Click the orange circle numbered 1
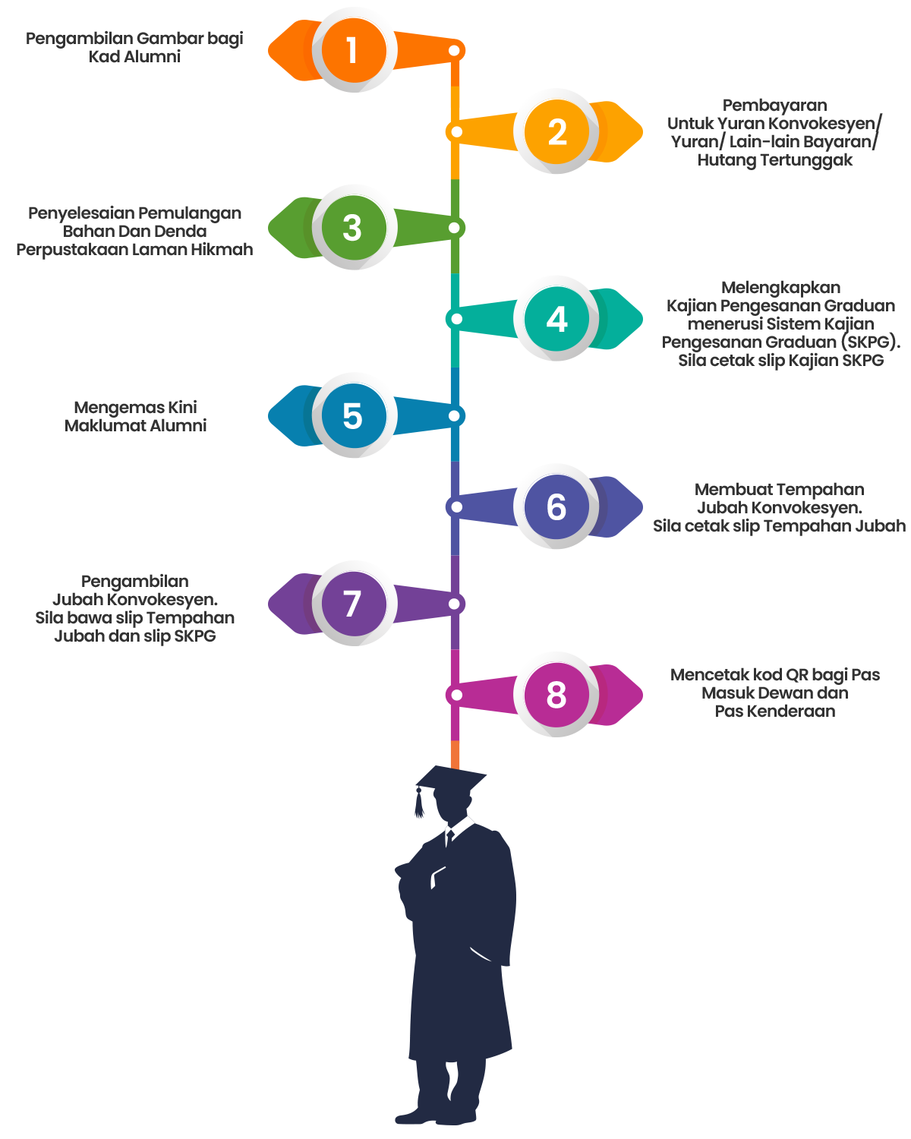point(354,50)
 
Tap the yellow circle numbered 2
point(556,131)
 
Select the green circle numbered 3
point(354,228)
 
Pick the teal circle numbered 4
point(556,319)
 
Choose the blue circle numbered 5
point(354,415)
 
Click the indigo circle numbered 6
point(556,506)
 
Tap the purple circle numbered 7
point(354,604)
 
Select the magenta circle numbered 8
point(556,694)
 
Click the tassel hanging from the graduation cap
point(419,803)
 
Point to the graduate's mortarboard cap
point(451,779)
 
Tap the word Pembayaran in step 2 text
point(774,106)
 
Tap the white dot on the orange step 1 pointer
point(454,51)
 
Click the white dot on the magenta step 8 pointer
point(456,695)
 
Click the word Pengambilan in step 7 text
point(134,581)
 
